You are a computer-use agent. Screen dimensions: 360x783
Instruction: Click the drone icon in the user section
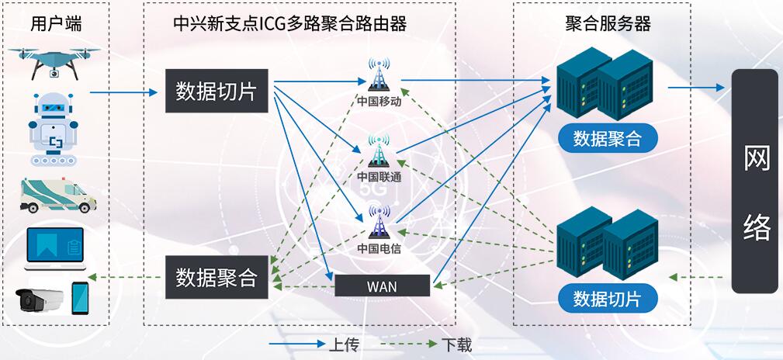pos(55,62)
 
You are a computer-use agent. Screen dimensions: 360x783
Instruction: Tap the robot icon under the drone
pos(54,129)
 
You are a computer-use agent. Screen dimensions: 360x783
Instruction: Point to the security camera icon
pos(40,299)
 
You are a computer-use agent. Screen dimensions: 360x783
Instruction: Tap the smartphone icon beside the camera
pos(80,298)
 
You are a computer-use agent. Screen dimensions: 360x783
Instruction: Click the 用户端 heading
pos(56,23)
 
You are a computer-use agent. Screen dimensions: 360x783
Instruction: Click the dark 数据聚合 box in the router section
pos(217,277)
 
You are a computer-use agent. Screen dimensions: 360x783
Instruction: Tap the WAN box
pos(382,286)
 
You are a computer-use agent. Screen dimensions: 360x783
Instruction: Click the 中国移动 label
pos(379,101)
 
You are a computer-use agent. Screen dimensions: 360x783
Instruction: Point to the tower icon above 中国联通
pos(379,151)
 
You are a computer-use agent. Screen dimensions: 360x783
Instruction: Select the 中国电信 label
pos(379,248)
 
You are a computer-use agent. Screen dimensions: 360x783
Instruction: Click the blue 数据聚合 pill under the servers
pos(608,139)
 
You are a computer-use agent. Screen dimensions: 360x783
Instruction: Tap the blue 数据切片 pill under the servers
pos(608,298)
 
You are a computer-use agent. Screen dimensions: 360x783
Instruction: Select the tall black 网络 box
pos(756,182)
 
